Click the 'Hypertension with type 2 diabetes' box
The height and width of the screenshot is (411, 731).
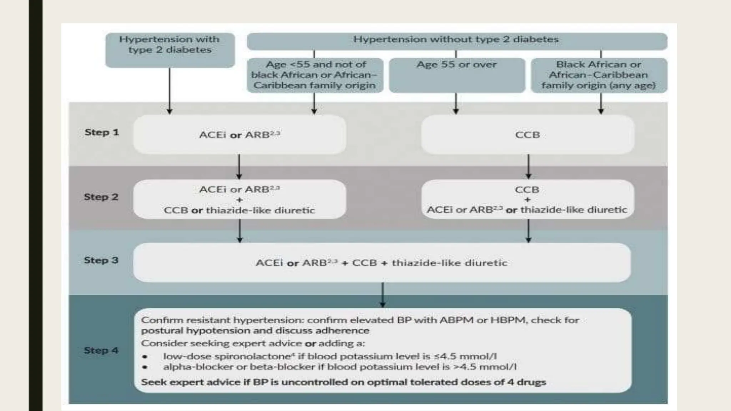[x=170, y=50]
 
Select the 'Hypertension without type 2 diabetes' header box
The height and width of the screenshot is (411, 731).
[x=457, y=41]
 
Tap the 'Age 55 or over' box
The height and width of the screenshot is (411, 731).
[x=457, y=75]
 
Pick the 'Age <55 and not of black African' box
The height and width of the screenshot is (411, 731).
[x=315, y=75]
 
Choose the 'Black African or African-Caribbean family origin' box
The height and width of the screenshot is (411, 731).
[x=599, y=75]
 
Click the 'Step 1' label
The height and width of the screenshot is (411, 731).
[x=102, y=132]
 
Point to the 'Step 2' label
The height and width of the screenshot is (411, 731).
[x=101, y=197]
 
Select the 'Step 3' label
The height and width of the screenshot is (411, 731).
[x=101, y=260]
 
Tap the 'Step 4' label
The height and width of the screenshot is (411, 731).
[x=101, y=350]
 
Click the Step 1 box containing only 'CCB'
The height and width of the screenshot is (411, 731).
[x=528, y=135]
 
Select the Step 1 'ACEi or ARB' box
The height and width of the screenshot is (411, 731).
[x=240, y=135]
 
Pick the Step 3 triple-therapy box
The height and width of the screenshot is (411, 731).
[x=382, y=263]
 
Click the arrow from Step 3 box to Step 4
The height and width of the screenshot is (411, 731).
[x=383, y=295]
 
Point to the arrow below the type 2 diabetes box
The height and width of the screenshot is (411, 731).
[x=170, y=91]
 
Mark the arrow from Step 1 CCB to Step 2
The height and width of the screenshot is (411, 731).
[x=529, y=167]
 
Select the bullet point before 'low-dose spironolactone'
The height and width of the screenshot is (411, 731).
[x=145, y=357]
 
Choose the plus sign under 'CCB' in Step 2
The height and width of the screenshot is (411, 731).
[x=528, y=199]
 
